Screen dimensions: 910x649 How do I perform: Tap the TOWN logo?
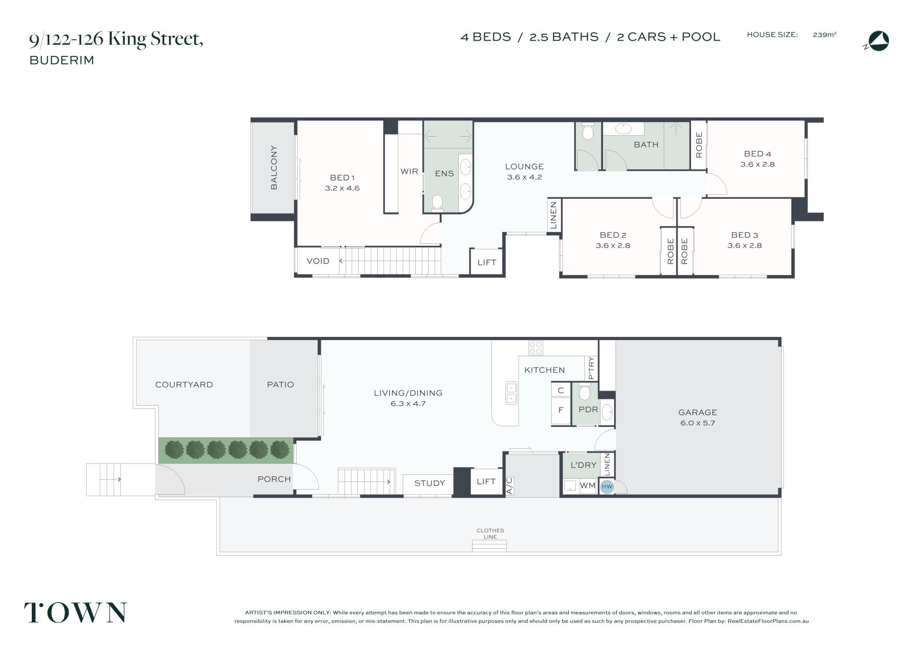point(75,612)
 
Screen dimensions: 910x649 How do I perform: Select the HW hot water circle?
point(607,486)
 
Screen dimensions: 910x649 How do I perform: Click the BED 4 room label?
point(757,154)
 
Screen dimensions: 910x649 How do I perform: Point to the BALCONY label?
point(274,167)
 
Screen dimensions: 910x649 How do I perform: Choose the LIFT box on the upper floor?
point(486,261)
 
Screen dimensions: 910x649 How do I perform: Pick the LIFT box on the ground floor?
point(486,482)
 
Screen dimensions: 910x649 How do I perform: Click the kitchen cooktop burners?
point(536,348)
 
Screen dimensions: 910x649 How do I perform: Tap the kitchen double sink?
point(511,393)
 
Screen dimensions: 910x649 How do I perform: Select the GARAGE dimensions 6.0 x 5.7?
point(698,423)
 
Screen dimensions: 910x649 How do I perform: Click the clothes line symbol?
point(489,546)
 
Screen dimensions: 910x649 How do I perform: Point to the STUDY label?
point(429,483)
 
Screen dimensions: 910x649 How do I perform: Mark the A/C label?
point(510,486)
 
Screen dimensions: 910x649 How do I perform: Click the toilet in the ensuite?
point(437,203)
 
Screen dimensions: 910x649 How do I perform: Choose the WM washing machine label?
point(587,486)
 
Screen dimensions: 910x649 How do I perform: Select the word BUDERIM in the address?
point(62,60)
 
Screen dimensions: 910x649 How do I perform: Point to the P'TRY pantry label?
point(591,368)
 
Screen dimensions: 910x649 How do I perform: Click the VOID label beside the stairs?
point(318,261)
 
